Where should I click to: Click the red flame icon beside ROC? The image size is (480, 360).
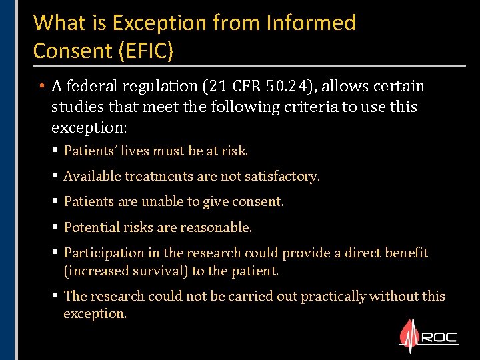407,337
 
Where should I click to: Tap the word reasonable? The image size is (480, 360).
219,227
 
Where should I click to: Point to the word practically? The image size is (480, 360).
333,296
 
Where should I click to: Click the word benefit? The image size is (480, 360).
406,253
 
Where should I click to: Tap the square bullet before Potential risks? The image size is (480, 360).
55,227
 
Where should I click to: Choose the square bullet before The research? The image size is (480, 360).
55,296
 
